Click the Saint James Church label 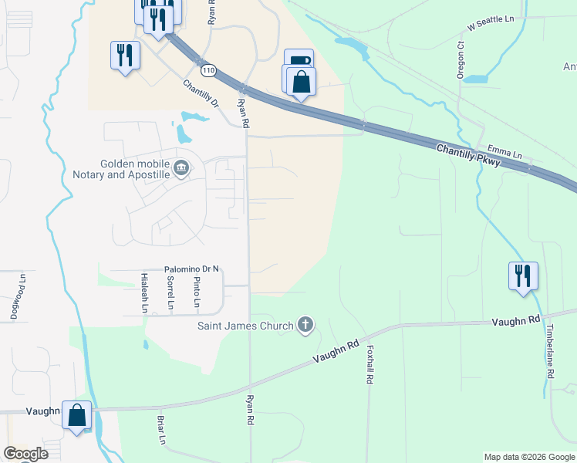pyautogui.click(x=245, y=326)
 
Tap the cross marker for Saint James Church pyautogui.click(x=305, y=325)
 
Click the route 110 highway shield pyautogui.click(x=208, y=70)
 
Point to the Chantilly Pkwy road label pyautogui.click(x=467, y=154)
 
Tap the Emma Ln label pyautogui.click(x=504, y=147)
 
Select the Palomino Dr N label pyautogui.click(x=192, y=269)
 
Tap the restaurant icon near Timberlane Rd pyautogui.click(x=523, y=275)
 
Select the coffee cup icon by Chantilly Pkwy pyautogui.click(x=299, y=61)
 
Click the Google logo pyautogui.click(x=25, y=454)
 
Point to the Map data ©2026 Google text pyautogui.click(x=528, y=457)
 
